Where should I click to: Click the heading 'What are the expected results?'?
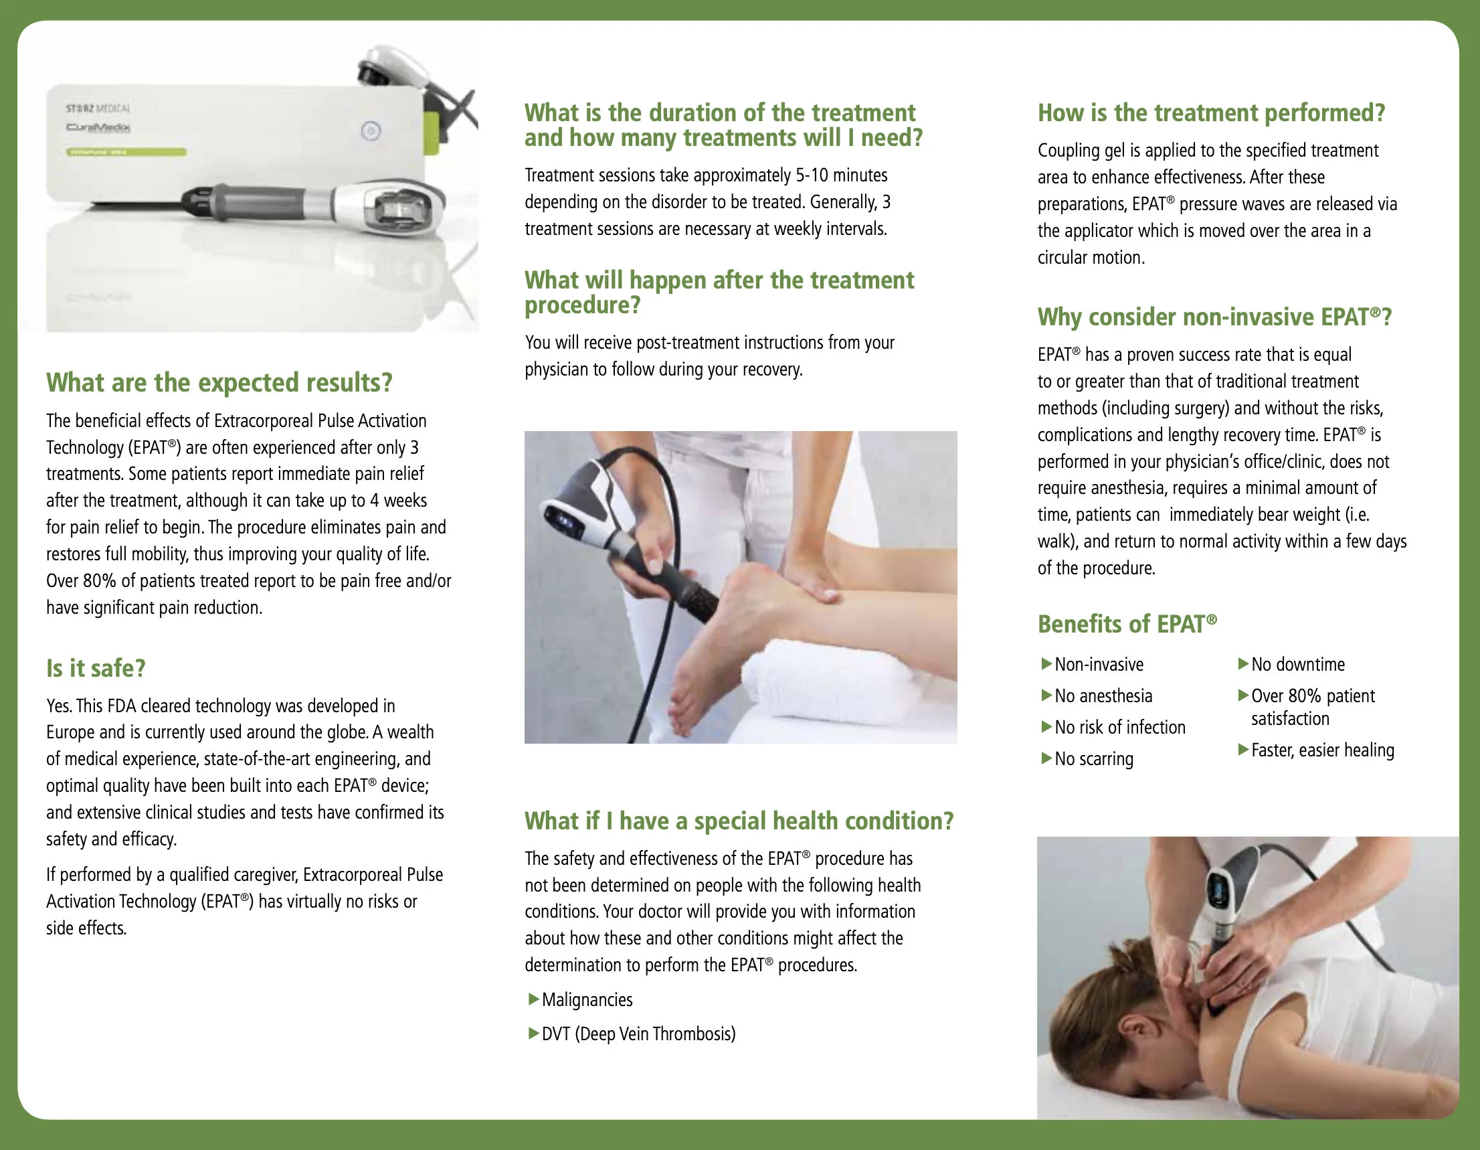click(x=219, y=383)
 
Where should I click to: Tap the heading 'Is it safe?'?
click(x=96, y=669)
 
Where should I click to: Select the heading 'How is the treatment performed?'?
click(x=1211, y=113)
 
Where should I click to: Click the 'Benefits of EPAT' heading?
click(x=1126, y=624)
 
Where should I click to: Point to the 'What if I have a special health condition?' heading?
click(x=739, y=821)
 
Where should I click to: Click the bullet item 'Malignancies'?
click(x=586, y=1000)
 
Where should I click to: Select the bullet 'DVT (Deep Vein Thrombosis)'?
click(x=638, y=1034)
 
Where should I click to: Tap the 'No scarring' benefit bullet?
click(x=1093, y=759)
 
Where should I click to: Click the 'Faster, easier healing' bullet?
click(x=1322, y=750)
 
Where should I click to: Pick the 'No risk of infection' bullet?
click(x=1119, y=728)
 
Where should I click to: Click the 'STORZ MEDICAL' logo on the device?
click(x=98, y=108)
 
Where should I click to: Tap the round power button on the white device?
click(x=371, y=131)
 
